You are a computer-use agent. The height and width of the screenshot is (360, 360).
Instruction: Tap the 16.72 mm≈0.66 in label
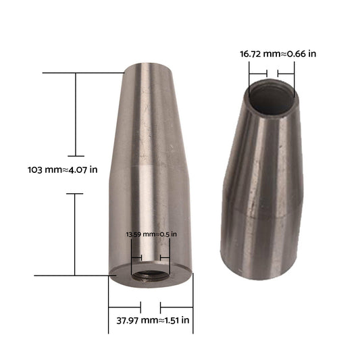point(278,53)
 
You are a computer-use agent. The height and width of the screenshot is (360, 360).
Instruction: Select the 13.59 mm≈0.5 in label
point(151,234)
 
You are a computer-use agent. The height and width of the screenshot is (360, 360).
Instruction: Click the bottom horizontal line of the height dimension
point(71,275)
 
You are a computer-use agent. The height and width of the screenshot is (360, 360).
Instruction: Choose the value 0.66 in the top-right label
point(299,53)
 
